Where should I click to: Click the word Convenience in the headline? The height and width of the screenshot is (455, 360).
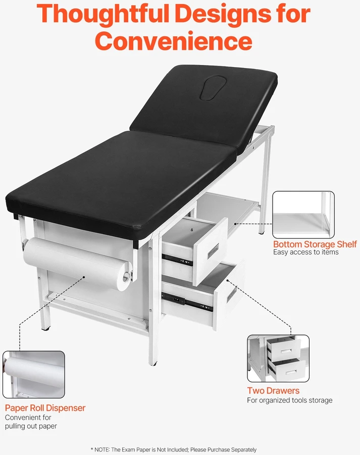coord(174,41)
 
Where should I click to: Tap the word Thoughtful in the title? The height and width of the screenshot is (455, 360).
coord(103,14)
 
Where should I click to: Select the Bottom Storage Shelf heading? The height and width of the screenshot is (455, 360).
coord(315,244)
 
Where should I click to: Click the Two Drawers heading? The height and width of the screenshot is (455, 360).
coord(273,390)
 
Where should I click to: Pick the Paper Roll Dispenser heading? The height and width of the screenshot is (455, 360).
coord(45,408)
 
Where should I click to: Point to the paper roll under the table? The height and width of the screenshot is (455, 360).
coord(77,263)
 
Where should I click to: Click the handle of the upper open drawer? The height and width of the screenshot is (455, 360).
coord(214,251)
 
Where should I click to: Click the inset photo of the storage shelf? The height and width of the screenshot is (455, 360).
coord(303,215)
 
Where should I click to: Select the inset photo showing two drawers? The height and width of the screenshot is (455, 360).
coord(278,358)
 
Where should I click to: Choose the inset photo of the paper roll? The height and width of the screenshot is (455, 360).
coord(34,374)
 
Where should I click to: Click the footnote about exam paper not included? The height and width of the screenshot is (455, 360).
coord(174,449)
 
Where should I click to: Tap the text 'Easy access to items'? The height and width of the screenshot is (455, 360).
coord(305,252)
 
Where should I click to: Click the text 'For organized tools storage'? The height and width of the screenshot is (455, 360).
coord(290,401)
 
